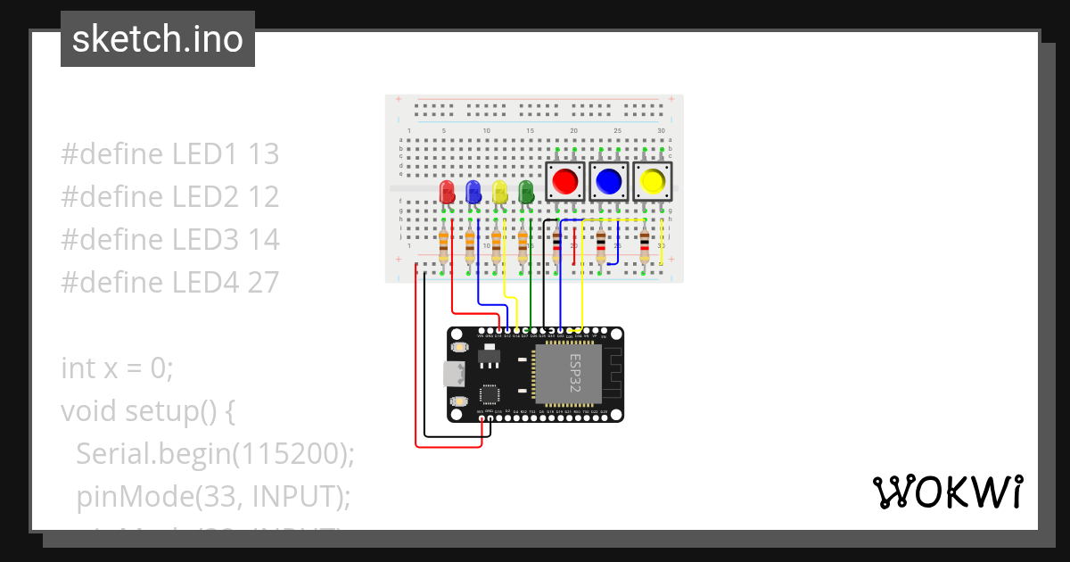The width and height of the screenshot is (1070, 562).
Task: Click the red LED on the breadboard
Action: click(447, 192)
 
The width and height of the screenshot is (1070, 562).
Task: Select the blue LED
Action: click(473, 192)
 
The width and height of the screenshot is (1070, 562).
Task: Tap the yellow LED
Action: click(500, 192)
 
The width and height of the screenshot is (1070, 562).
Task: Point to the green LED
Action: click(526, 192)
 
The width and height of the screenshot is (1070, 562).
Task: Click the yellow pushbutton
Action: click(652, 182)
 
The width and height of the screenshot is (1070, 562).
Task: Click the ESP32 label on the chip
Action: click(575, 374)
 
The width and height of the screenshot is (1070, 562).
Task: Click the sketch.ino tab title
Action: click(158, 39)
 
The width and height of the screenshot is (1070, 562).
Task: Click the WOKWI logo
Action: click(947, 492)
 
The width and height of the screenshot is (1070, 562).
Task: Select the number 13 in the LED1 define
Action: click(263, 153)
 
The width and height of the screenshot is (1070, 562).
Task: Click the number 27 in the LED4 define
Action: click(263, 282)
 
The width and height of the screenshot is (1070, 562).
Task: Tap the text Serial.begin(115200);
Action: click(215, 453)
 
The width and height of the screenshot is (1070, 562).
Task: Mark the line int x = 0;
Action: click(117, 368)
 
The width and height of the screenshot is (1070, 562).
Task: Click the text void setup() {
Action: click(147, 410)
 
